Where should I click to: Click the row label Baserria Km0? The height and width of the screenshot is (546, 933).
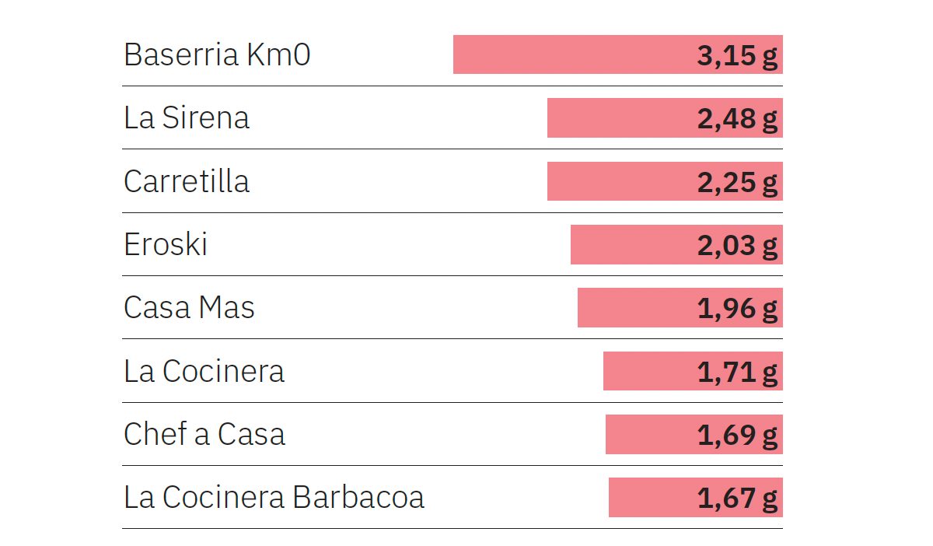click(x=217, y=55)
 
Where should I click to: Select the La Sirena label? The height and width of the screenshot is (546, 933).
click(x=187, y=118)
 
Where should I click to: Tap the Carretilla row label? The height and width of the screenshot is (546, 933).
click(x=187, y=181)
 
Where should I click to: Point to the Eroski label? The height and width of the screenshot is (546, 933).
click(x=166, y=245)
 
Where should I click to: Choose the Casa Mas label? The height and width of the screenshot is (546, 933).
click(x=189, y=308)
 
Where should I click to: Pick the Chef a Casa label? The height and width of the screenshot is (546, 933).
click(x=204, y=434)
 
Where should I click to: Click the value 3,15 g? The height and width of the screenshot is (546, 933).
click(x=737, y=56)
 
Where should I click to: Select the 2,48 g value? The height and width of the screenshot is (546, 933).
click(x=737, y=119)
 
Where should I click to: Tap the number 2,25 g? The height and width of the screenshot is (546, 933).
click(x=737, y=182)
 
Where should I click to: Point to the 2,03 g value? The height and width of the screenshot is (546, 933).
click(x=737, y=246)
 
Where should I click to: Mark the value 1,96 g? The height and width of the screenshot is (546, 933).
click(x=737, y=309)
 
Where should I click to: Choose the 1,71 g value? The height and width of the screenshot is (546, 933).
click(x=737, y=372)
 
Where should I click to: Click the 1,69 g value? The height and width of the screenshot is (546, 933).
click(x=737, y=435)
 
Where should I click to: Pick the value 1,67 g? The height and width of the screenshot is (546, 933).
click(x=737, y=498)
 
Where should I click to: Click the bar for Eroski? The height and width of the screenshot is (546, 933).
click(x=630, y=245)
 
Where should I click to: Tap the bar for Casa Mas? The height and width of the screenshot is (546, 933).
click(x=634, y=308)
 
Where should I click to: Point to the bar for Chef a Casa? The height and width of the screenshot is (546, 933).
click(x=649, y=434)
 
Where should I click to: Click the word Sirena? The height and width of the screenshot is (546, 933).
click(x=206, y=118)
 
